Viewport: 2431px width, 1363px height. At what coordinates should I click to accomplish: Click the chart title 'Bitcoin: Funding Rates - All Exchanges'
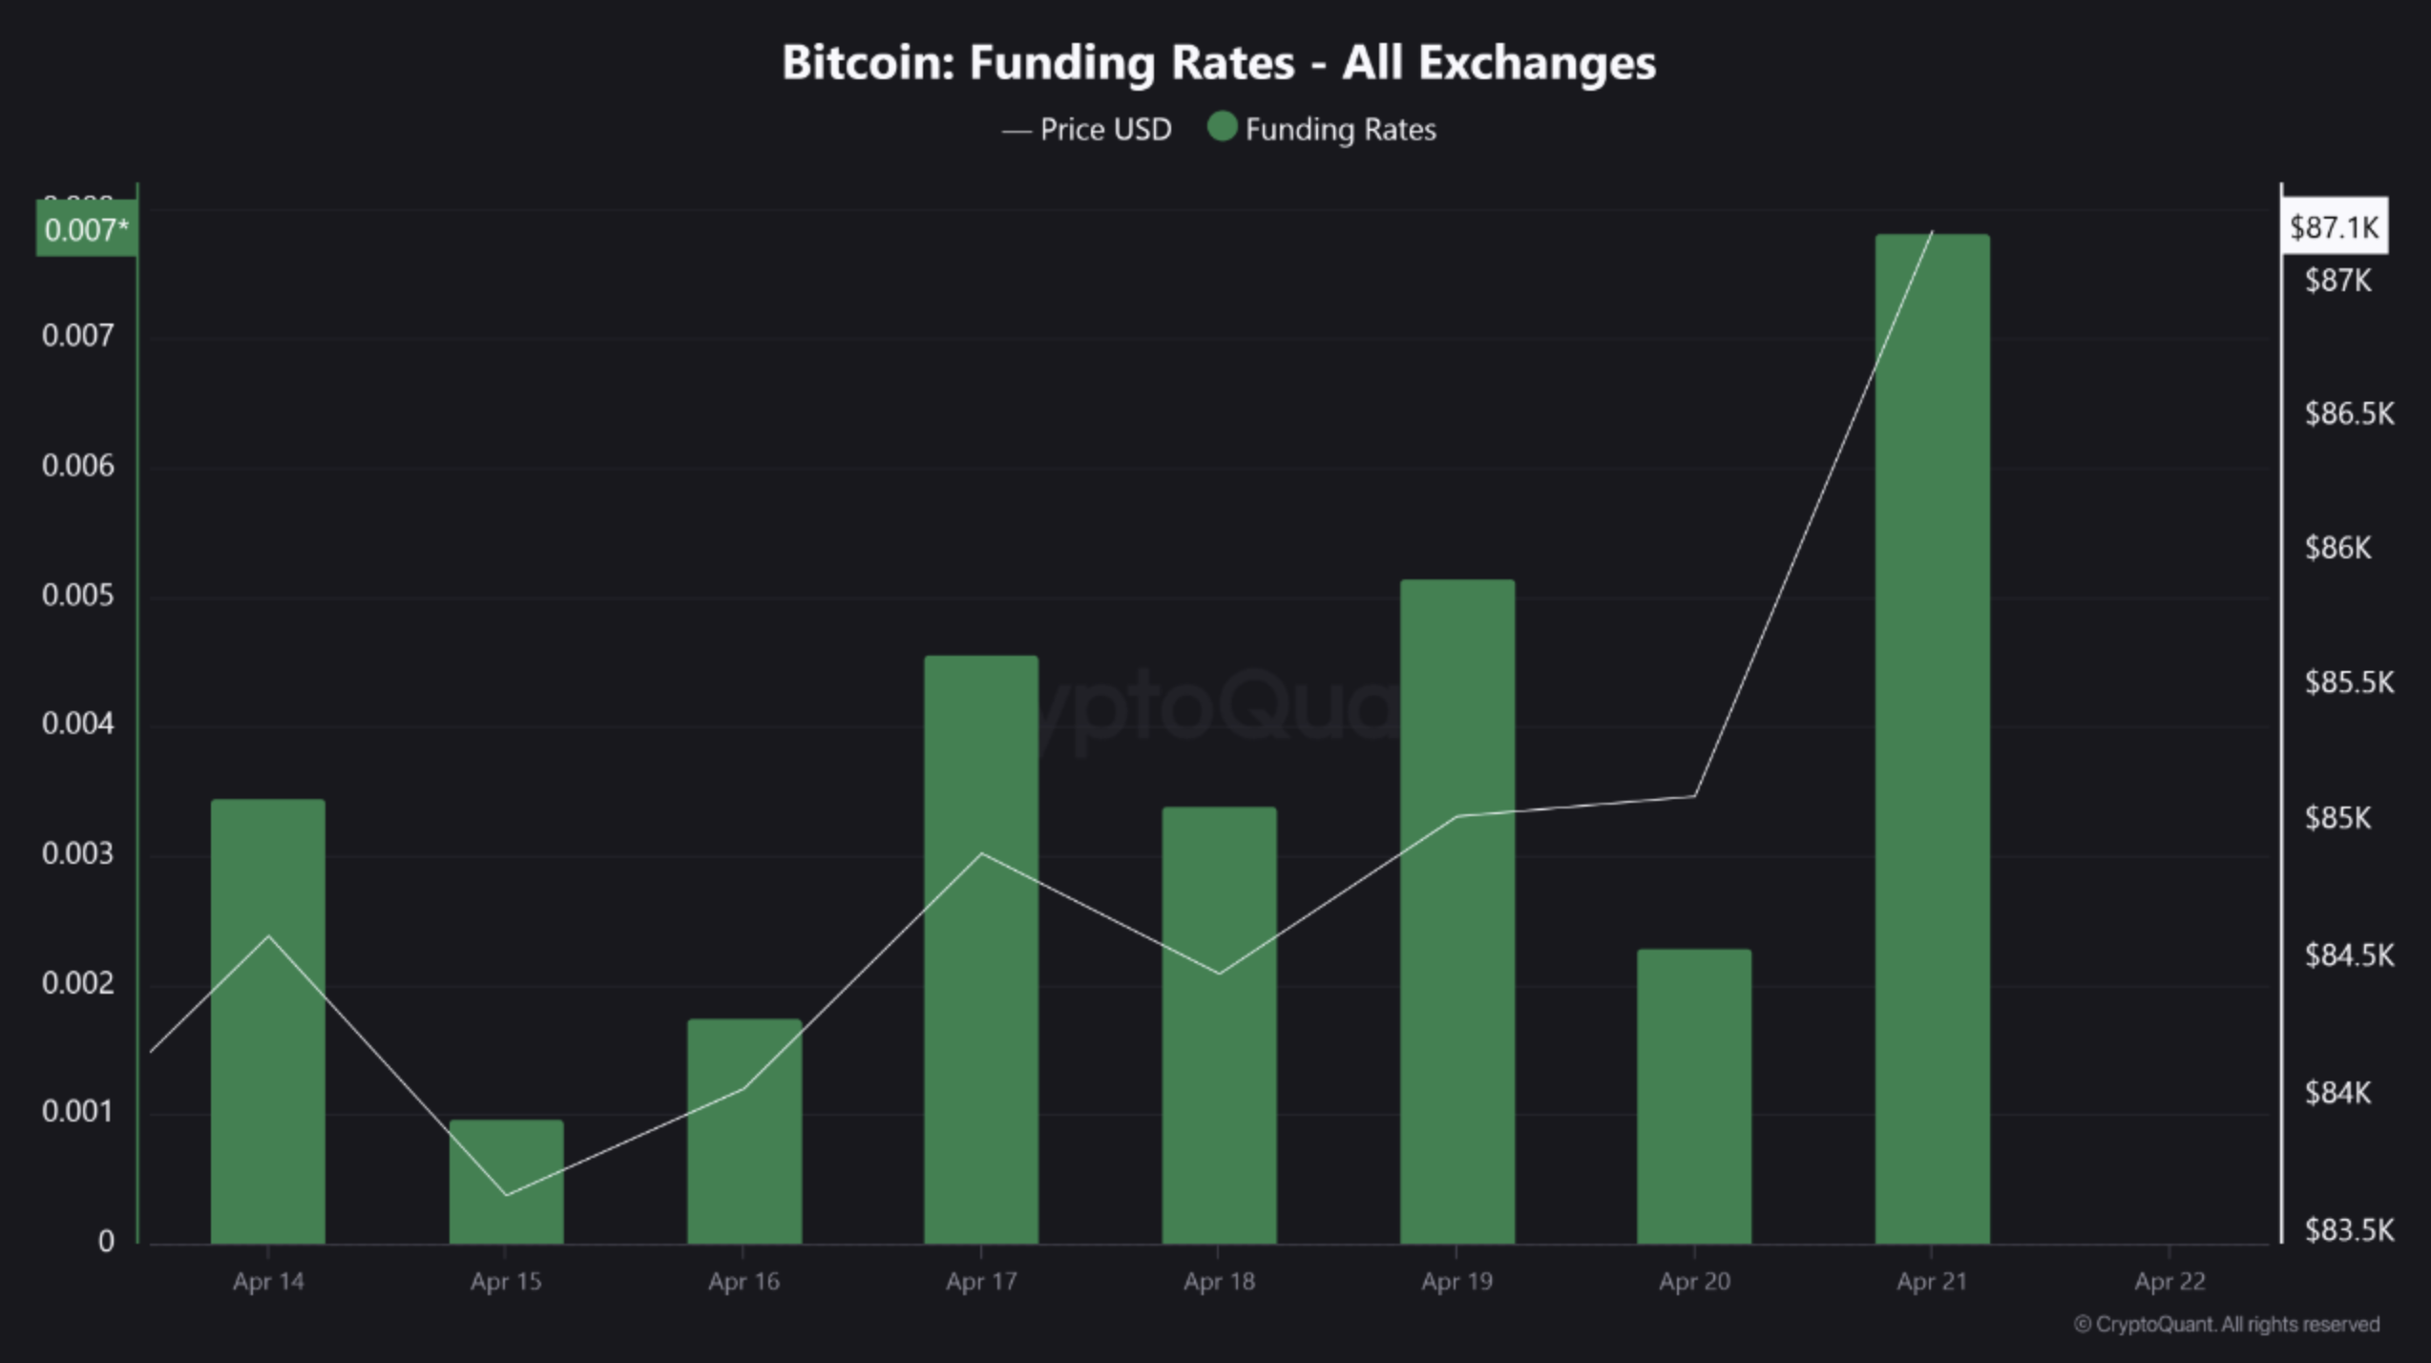1218,63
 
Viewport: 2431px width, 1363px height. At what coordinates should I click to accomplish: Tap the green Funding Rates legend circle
1222,127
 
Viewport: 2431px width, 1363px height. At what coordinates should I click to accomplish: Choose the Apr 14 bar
268,1021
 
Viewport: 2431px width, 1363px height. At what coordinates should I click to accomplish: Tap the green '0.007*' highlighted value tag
86,230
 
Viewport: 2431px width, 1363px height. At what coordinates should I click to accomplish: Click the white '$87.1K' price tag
2334,227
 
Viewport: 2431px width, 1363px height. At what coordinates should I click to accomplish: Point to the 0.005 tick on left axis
77,596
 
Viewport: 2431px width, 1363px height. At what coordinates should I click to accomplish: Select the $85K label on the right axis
2337,818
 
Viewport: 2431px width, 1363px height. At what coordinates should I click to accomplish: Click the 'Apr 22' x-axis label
2169,1281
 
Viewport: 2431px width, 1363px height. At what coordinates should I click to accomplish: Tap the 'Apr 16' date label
744,1281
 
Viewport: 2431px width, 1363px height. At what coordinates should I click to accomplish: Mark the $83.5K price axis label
2349,1229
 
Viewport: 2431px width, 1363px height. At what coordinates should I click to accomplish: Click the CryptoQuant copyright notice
2227,1324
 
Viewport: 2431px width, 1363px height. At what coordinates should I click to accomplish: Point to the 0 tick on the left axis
106,1241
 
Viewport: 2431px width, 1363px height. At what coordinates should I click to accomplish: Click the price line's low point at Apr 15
507,1195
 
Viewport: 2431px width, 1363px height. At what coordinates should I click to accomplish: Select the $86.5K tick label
2349,413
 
